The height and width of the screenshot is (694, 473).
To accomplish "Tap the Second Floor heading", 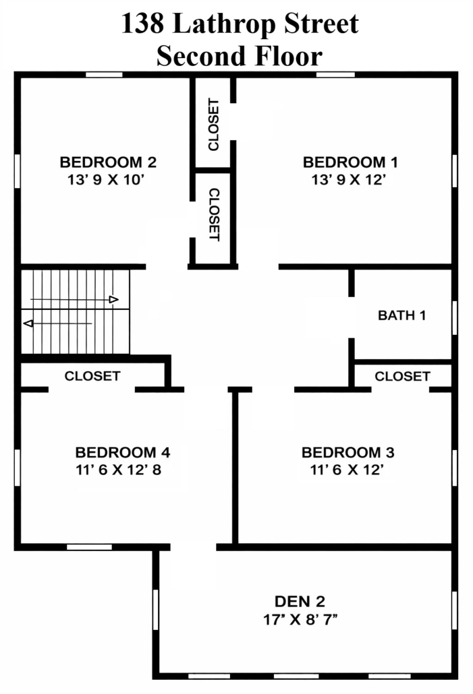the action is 240,56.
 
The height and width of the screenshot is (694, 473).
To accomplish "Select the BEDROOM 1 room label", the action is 350,162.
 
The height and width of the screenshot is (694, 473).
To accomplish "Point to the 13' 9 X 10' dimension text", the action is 107,180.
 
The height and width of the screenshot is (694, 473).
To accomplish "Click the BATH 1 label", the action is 401,315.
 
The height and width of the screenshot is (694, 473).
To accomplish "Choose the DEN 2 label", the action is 300,602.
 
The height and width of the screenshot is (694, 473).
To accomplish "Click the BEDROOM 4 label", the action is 123,452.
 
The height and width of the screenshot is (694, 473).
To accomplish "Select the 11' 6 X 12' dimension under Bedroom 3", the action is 347,470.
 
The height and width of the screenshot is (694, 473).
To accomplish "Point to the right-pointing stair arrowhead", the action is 114,300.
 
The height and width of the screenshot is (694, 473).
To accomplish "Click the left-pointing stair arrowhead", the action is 28,323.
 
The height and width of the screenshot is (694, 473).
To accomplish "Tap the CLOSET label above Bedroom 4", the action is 92,376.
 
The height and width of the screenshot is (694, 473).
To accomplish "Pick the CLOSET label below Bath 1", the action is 403,377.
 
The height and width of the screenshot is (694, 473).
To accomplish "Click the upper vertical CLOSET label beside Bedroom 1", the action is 213,125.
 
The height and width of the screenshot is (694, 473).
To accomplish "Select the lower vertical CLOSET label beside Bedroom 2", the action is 214,215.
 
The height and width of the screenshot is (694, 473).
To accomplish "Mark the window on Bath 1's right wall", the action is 454,317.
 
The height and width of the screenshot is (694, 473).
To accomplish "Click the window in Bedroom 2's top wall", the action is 104,75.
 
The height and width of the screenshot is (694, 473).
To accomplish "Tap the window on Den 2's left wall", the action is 156,610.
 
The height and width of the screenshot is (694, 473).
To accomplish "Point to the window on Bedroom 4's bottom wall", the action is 90,547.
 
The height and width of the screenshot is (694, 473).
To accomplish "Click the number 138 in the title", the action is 142,24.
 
